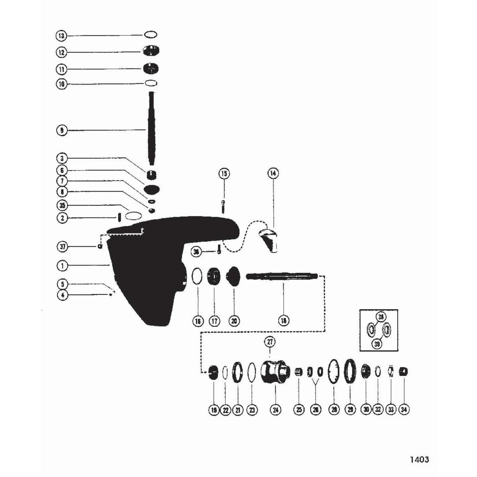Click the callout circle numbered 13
(61, 36)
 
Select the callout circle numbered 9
(61, 130)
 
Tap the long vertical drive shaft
(151, 127)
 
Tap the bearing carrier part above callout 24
(273, 372)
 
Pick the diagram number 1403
(419, 460)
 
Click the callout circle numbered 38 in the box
(381, 317)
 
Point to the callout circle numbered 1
(61, 264)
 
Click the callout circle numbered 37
(61, 247)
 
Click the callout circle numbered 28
(334, 410)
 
